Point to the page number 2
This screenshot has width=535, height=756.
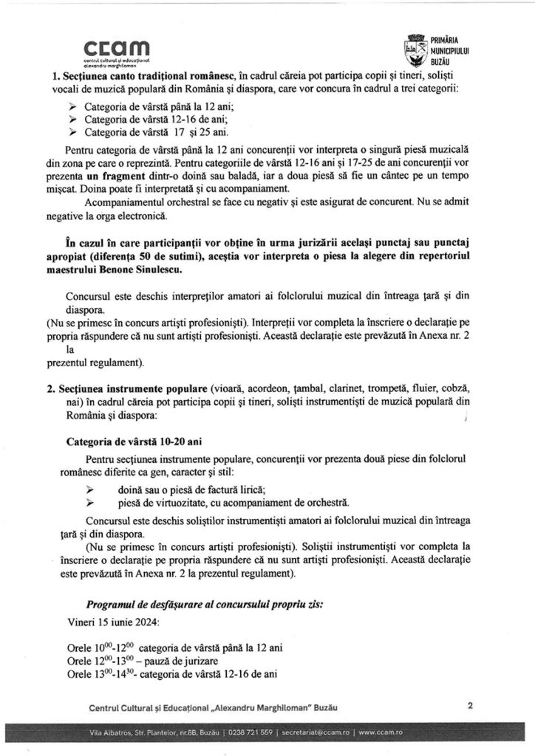pyautogui.click(x=470, y=704)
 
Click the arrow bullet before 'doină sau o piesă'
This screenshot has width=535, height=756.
pyautogui.click(x=91, y=489)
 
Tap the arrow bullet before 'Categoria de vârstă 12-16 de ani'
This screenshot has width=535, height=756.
pyautogui.click(x=72, y=119)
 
